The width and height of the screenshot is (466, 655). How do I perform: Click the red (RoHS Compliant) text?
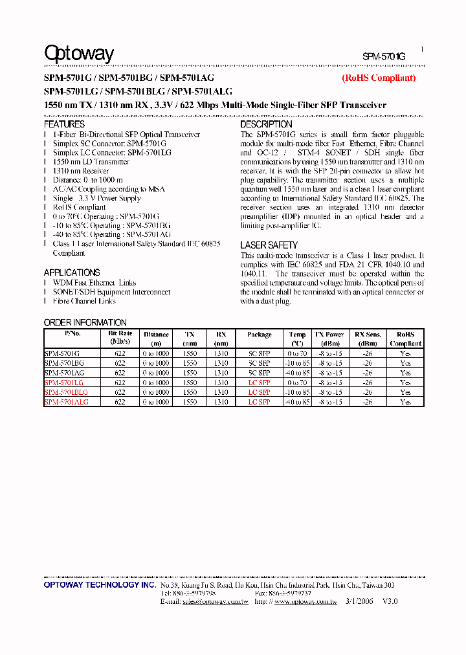379,78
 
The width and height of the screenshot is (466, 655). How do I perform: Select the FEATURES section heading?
64,124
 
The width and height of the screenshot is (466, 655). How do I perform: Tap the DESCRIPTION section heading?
266,124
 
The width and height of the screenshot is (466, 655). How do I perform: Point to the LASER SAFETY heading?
269,245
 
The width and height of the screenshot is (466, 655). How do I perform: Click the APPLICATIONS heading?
72,272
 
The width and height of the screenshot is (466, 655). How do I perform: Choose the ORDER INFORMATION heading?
85,322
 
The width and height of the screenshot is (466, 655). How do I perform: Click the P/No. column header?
72,335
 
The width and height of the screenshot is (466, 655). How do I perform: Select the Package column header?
259,335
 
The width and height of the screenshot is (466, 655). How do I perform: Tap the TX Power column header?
329,335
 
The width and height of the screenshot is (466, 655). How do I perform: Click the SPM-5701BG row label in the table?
64,363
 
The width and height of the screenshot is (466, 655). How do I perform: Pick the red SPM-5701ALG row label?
66,402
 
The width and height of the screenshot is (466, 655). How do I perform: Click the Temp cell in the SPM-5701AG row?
297,373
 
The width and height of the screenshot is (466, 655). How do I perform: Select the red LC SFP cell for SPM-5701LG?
259,383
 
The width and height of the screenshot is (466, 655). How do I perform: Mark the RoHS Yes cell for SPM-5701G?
405,353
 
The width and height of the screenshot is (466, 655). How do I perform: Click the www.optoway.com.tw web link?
305,601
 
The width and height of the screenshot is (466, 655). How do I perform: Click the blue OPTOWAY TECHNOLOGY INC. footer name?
100,585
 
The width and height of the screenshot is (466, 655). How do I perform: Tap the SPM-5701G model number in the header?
384,57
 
